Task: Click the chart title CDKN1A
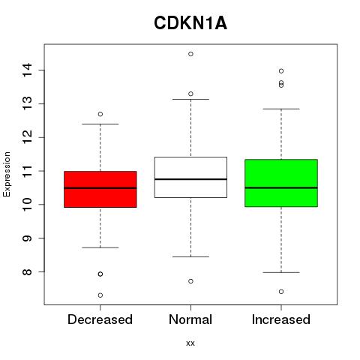coord(190,23)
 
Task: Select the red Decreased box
coord(100,189)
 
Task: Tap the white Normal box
coord(190,177)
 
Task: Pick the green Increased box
coord(281,183)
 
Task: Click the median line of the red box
coord(100,188)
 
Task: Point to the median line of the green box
coord(281,187)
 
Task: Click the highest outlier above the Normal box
coord(190,54)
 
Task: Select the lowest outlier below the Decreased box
coord(100,295)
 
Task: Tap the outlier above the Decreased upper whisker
coord(100,114)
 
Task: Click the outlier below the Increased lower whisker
coord(281,292)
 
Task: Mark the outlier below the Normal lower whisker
coord(190,281)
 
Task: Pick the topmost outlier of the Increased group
coord(281,71)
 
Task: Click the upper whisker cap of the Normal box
coord(190,99)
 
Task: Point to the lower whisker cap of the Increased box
coord(281,272)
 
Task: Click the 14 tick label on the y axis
coord(27,70)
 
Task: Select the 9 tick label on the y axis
coord(27,238)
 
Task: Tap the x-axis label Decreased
coord(100,319)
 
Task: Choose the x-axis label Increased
coord(281,319)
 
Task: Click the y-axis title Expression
coord(7,174)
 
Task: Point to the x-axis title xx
coord(190,343)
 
